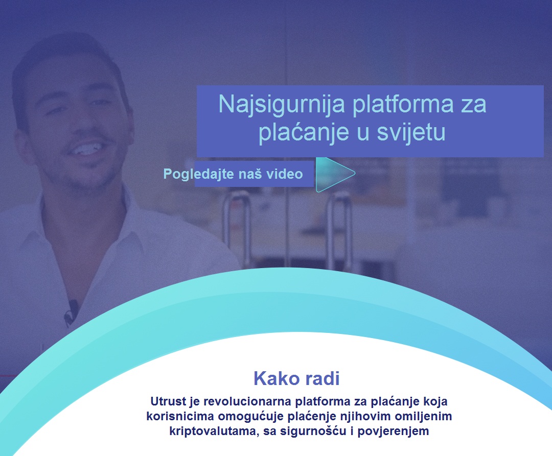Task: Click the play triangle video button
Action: click(x=333, y=175)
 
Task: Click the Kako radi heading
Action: click(x=296, y=379)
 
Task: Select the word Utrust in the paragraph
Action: click(x=168, y=401)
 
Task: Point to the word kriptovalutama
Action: click(x=214, y=431)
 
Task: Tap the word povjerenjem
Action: click(x=393, y=431)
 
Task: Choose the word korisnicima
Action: click(x=180, y=416)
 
